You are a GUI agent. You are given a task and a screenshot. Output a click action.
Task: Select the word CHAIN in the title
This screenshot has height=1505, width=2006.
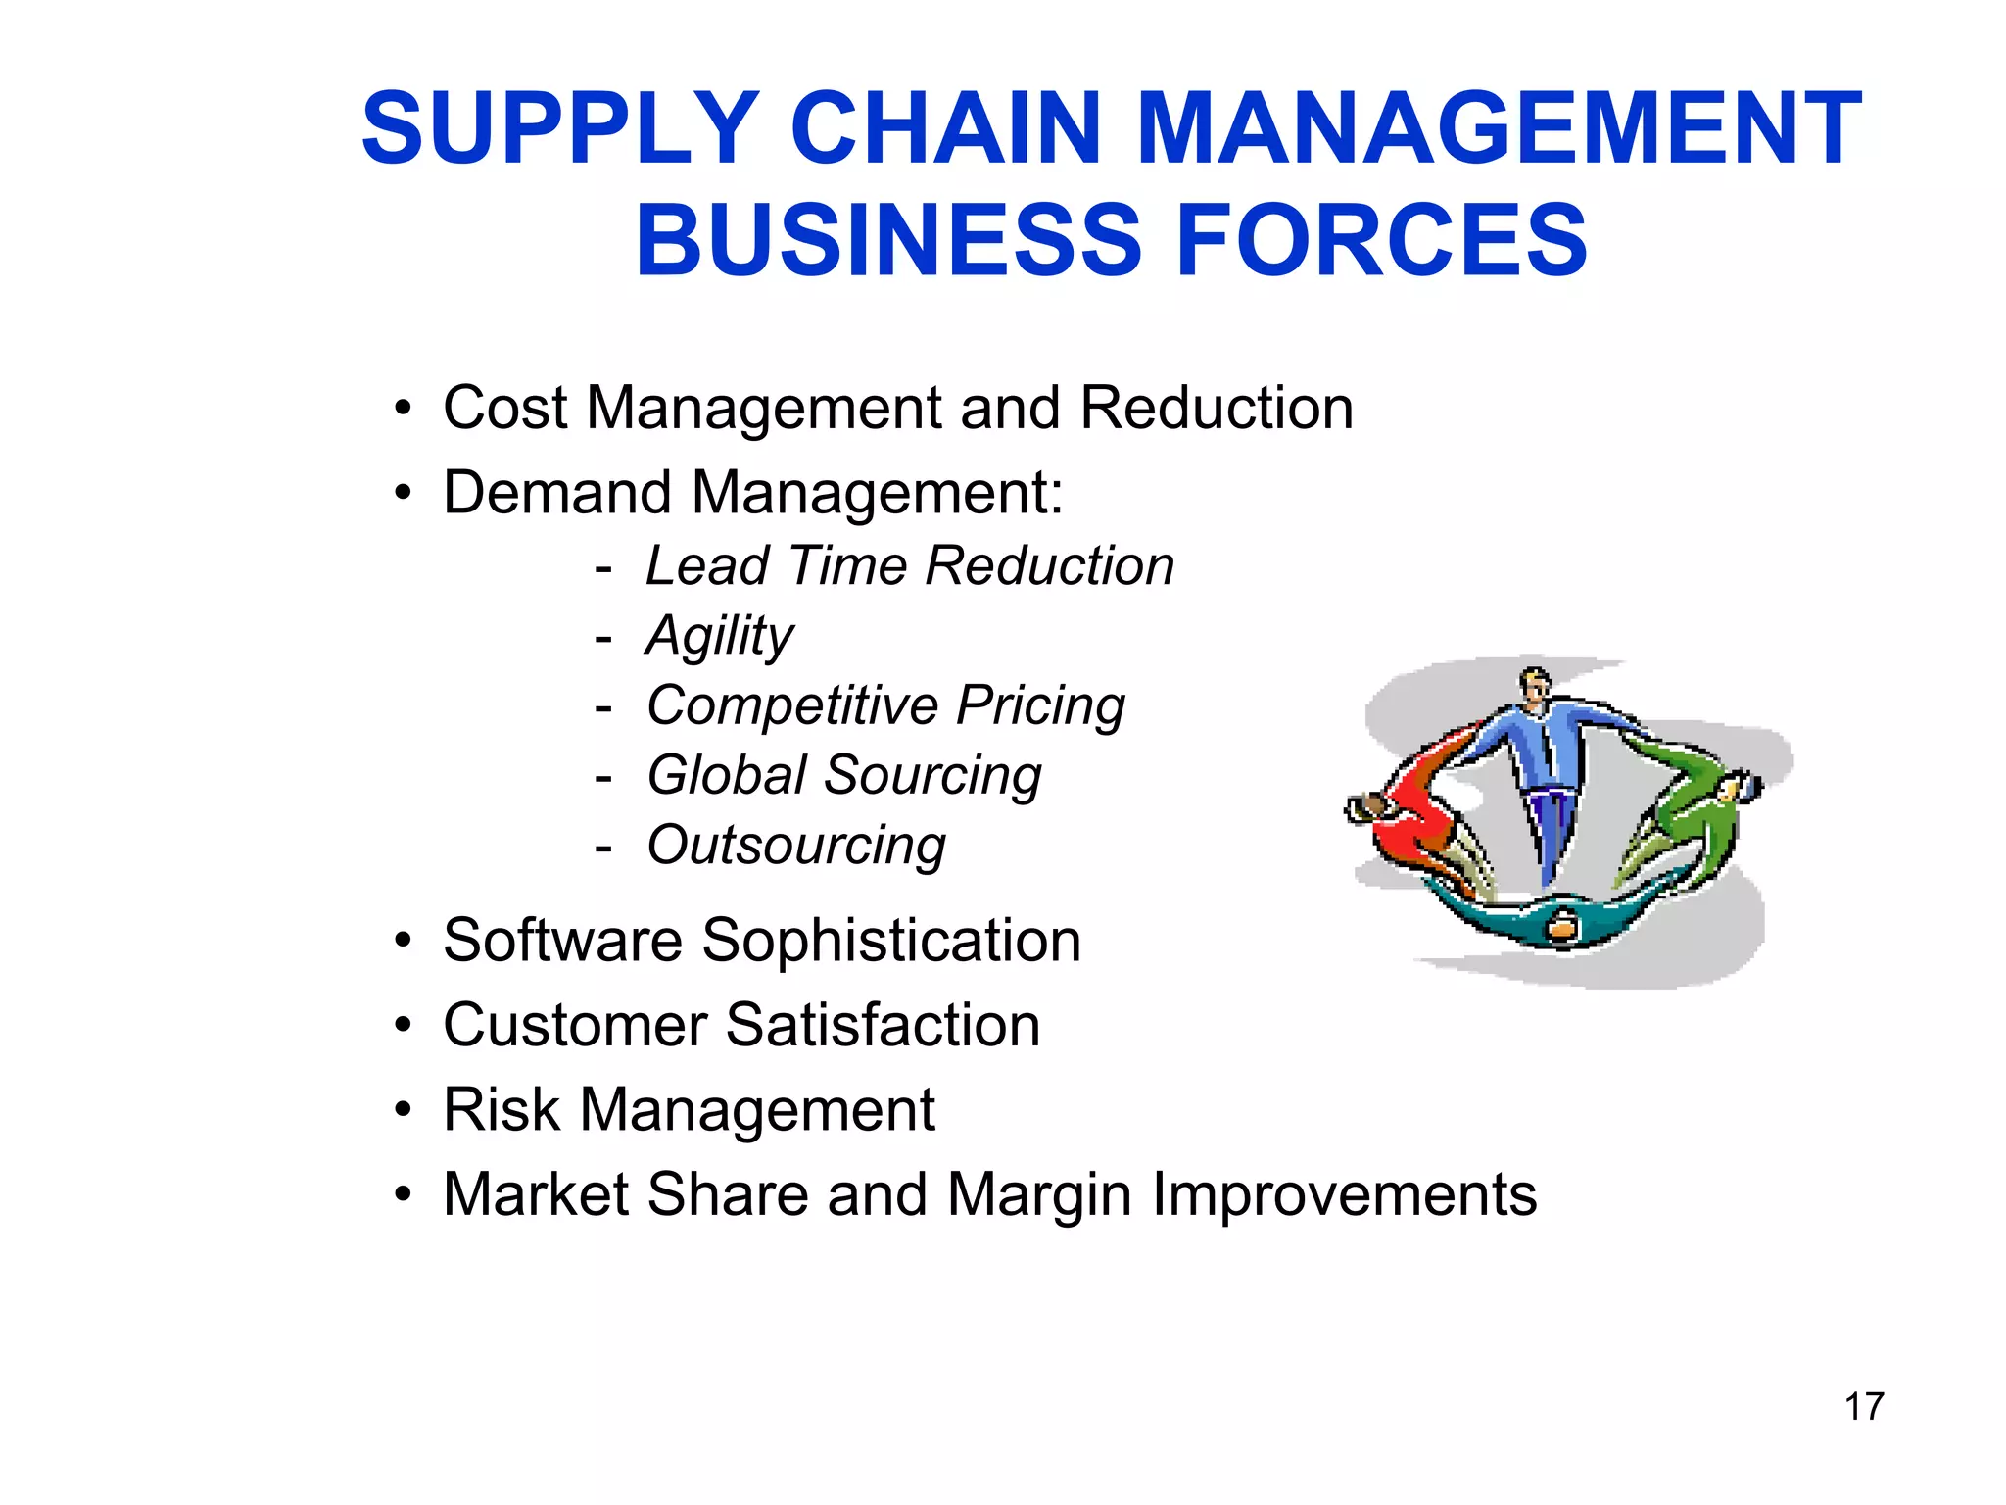click(x=946, y=128)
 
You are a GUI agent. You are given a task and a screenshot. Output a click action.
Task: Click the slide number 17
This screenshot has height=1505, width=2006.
click(x=1863, y=1406)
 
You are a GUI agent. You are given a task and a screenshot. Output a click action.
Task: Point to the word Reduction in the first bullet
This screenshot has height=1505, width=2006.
click(x=1217, y=408)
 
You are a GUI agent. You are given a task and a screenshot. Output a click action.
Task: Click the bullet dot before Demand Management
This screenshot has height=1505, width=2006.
click(x=403, y=493)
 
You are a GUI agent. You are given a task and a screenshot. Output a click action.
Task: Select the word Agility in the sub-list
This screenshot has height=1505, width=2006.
click(x=720, y=637)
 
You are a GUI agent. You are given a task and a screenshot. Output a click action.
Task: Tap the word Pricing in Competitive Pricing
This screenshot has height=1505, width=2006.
click(x=1040, y=706)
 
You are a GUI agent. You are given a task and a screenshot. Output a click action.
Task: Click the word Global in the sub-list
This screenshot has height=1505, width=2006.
click(x=727, y=775)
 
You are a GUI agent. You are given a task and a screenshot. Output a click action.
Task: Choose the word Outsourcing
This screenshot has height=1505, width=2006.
click(x=796, y=846)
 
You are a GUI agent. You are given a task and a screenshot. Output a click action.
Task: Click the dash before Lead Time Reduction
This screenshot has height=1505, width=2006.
click(x=603, y=567)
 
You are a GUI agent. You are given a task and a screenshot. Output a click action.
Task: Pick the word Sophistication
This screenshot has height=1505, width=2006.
click(x=891, y=941)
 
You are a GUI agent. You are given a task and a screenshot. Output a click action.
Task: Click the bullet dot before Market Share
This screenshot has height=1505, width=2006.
click(x=403, y=1195)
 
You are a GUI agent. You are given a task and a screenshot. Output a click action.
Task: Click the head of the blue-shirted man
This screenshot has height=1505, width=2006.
click(x=1534, y=683)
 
